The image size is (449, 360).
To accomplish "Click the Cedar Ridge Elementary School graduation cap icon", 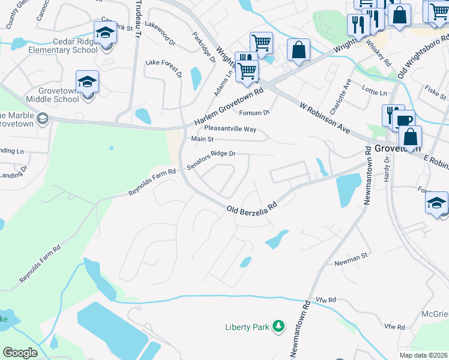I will (x=105, y=32).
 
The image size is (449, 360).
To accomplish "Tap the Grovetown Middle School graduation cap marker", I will (x=87, y=82).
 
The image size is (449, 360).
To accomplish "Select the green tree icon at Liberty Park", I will (x=278, y=326).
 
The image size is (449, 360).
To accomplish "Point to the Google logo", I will (x=20, y=353).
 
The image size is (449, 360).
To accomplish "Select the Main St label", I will (x=202, y=139).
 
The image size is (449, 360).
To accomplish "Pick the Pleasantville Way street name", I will (x=230, y=129).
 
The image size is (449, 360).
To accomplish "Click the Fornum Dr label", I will (x=255, y=113).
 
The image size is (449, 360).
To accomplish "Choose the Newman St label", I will (x=351, y=259).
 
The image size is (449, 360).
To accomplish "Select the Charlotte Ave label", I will (x=345, y=91).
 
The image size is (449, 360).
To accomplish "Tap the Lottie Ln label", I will (x=375, y=92).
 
